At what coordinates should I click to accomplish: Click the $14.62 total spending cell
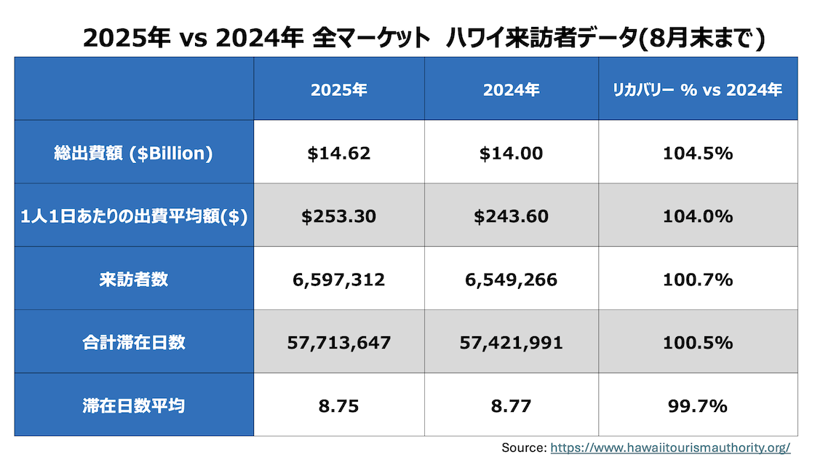click(338, 154)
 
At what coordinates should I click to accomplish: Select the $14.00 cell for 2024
click(511, 154)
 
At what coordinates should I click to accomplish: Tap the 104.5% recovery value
click(697, 154)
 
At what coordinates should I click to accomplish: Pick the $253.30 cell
click(338, 217)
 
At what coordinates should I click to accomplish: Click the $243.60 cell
click(511, 217)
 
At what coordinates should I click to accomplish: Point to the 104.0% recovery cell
click(697, 217)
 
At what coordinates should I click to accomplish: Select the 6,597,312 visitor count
click(338, 279)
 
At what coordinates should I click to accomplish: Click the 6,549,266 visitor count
click(511, 279)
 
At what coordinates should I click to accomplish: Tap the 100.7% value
click(697, 279)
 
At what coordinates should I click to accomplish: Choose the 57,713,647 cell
click(338, 342)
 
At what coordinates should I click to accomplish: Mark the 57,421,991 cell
click(511, 342)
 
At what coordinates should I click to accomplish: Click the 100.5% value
click(697, 342)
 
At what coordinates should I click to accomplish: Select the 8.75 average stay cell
click(338, 406)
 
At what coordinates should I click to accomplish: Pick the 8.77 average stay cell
click(511, 406)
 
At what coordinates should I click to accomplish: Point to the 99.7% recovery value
click(697, 406)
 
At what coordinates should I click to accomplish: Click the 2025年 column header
click(338, 90)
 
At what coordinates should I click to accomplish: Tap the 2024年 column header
click(511, 90)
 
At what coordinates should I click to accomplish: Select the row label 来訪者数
click(133, 279)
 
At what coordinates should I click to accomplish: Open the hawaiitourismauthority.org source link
click(669, 448)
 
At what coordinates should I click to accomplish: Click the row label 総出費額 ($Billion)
click(133, 154)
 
